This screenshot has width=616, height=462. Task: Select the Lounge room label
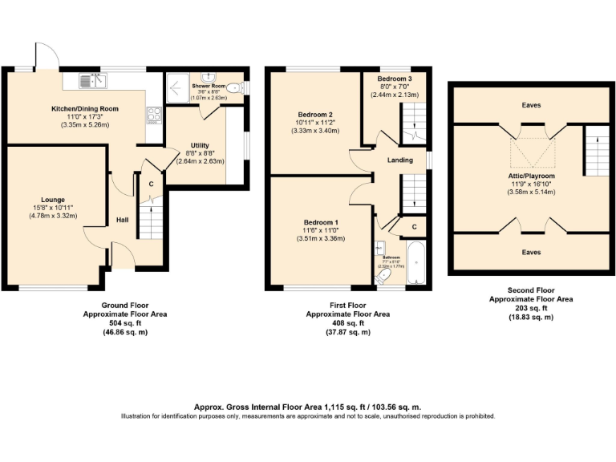(54, 200)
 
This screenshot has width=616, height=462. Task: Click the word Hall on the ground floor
(123, 220)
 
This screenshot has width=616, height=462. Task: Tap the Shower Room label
(209, 86)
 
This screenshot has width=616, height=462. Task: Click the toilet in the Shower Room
(235, 89)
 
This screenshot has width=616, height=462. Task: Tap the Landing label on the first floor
(399, 160)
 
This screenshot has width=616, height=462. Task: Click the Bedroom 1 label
(320, 221)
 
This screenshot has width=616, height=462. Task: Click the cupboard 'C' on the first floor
(414, 227)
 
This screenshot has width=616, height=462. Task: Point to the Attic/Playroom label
(531, 176)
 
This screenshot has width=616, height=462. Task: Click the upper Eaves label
(530, 104)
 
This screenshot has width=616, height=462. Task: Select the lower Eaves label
(530, 252)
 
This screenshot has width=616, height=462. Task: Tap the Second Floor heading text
(530, 290)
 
